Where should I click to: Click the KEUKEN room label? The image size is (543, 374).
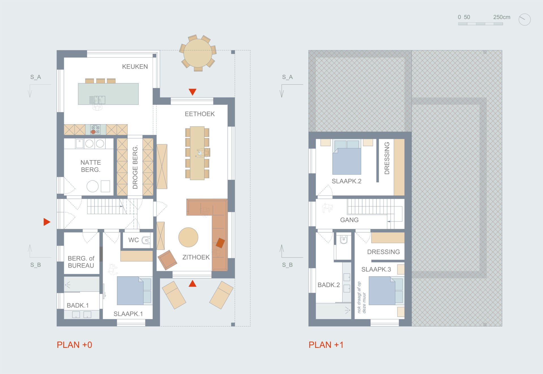tap(135, 66)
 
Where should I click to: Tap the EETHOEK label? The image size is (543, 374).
tap(200, 114)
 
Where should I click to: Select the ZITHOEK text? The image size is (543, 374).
tap(196, 257)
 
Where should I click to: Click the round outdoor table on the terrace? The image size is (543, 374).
tap(198, 53)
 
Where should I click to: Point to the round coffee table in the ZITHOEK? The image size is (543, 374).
tap(188, 237)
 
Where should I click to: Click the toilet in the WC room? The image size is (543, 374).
tap(146, 240)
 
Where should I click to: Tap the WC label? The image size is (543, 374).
tap(133, 240)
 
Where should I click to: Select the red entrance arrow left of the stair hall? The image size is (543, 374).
tap(47, 222)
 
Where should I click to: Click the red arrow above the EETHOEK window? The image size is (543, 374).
tap(193, 92)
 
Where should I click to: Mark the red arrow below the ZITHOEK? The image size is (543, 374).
tap(193, 283)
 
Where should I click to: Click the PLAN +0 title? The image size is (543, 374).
tap(74, 345)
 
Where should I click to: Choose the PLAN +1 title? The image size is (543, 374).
tap(326, 345)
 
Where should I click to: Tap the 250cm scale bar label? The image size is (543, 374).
tap(502, 17)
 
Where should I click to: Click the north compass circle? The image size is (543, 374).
tap(525, 20)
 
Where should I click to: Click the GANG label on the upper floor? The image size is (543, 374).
tap(349, 220)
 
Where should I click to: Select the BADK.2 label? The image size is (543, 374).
tap(329, 285)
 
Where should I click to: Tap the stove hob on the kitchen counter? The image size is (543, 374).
tap(95, 130)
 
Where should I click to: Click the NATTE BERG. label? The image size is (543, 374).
tap(90, 166)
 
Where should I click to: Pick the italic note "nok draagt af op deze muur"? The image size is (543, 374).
tap(361, 297)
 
